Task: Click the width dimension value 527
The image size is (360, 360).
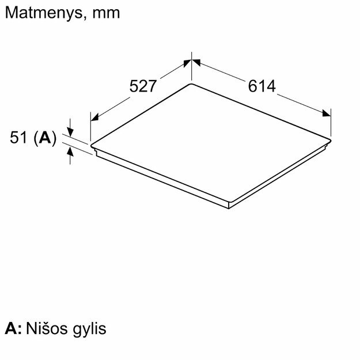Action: [143, 86]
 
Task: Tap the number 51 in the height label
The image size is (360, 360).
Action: [20, 138]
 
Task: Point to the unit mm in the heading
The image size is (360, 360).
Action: [107, 13]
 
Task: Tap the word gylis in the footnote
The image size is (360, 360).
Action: [88, 330]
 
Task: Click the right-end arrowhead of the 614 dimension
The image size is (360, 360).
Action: [327, 113]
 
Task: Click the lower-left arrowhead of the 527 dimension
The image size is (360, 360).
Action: [96, 117]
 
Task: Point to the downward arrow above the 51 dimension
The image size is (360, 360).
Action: [70, 130]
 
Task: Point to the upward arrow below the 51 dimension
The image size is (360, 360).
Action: [70, 152]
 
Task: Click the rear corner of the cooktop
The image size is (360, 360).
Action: [191, 85]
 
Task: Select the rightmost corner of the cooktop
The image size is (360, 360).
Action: [331, 137]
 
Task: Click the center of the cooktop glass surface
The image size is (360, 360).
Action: [211, 142]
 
